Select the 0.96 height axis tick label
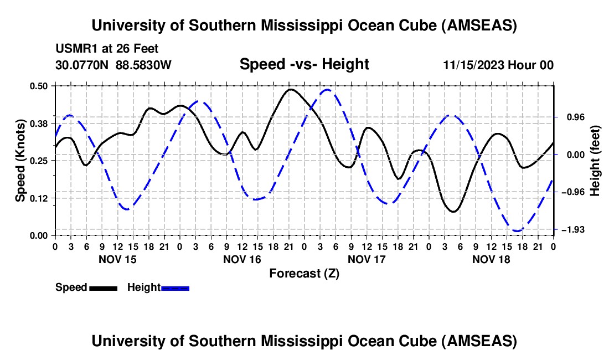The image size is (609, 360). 571,117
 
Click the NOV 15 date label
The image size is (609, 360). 117,259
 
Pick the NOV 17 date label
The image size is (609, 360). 366,259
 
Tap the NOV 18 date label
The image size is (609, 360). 491,259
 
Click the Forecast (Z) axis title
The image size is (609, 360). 304,273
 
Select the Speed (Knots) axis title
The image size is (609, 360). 20,161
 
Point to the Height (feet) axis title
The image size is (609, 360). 595,161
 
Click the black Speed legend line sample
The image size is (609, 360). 102,287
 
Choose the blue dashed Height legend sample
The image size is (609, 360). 175,287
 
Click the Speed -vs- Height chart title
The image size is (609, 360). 304,64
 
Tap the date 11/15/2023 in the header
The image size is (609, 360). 473,65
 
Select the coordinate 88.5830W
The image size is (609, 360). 143,65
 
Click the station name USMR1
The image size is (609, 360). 74,49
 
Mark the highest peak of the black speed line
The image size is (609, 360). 290,89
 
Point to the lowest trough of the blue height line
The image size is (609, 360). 517,230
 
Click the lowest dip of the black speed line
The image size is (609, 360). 453,212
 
